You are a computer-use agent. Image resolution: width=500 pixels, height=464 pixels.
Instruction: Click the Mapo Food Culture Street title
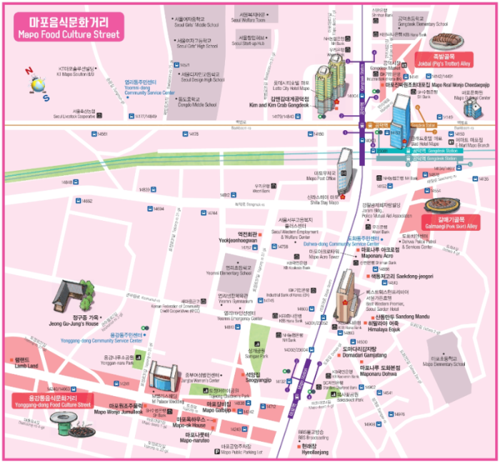pyautogui.click(x=69, y=28)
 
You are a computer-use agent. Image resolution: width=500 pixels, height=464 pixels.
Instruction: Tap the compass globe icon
pyautogui.click(x=36, y=83)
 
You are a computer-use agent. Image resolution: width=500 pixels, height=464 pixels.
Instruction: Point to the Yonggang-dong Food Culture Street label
pyautogui.click(x=52, y=400)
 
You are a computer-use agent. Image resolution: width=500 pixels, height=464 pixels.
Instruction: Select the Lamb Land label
pyautogui.click(x=26, y=362)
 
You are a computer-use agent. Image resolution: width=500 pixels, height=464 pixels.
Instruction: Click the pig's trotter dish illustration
pyautogui.click(x=446, y=37)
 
